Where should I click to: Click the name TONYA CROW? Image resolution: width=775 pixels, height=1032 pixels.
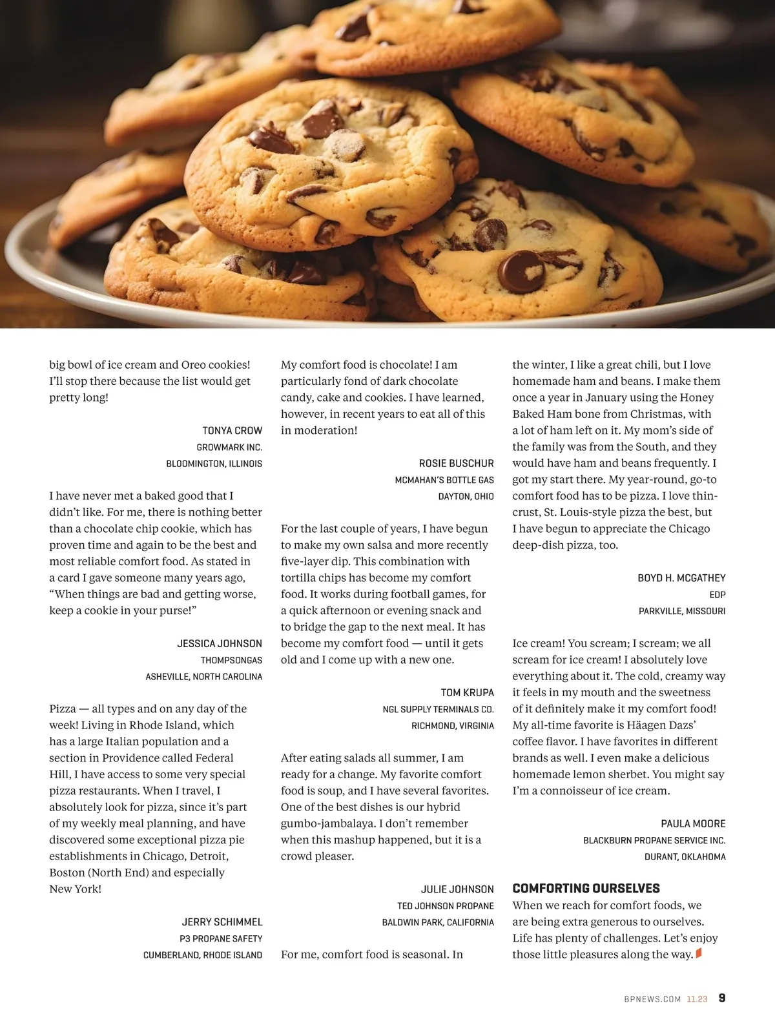tap(232, 431)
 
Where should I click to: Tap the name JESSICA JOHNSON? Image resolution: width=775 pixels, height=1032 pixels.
tap(220, 644)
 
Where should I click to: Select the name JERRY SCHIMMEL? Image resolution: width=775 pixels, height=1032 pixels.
tap(222, 922)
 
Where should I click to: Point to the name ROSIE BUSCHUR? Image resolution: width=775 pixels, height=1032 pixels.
tap(456, 464)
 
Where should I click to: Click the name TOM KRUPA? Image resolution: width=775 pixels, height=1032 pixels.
tap(467, 693)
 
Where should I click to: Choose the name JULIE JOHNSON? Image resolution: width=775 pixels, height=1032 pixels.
tap(457, 890)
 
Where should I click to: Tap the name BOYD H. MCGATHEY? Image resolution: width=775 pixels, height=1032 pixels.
tap(681, 578)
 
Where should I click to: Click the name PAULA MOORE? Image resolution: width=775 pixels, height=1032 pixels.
tap(693, 824)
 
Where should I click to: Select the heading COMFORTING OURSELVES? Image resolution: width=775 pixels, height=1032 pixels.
tap(586, 889)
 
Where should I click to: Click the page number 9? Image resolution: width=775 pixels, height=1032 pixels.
tap(721, 998)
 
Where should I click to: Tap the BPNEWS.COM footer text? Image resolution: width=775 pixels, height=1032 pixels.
tap(652, 999)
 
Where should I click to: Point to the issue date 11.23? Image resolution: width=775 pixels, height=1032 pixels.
tap(697, 999)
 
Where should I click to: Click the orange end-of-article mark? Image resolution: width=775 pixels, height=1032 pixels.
tap(698, 953)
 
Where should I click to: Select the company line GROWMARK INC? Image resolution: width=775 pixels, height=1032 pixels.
tap(229, 448)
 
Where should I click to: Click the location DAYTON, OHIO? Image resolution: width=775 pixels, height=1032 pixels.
tap(466, 497)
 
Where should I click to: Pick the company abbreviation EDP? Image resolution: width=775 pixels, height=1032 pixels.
tap(717, 595)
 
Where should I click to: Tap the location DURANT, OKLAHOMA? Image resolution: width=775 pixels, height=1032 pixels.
tap(685, 857)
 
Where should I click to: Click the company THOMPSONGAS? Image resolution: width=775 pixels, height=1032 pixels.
tap(231, 661)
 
